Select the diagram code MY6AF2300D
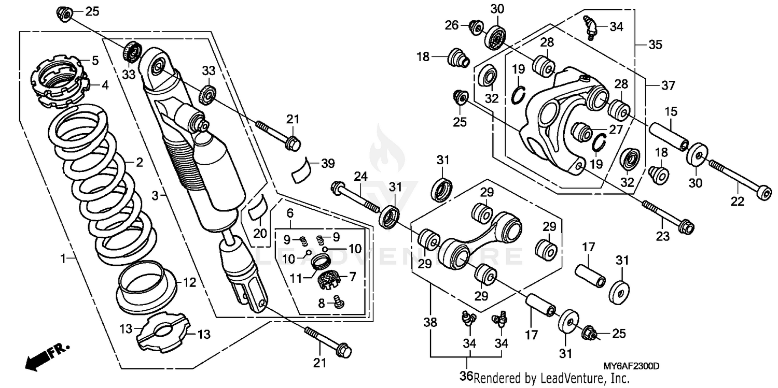point(630,366)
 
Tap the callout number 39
point(327,164)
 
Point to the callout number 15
point(671,111)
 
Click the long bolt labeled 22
point(739,181)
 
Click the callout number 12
point(189,283)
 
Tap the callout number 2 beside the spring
point(139,163)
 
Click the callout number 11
point(296,278)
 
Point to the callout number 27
point(616,130)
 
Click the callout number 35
point(655,45)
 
